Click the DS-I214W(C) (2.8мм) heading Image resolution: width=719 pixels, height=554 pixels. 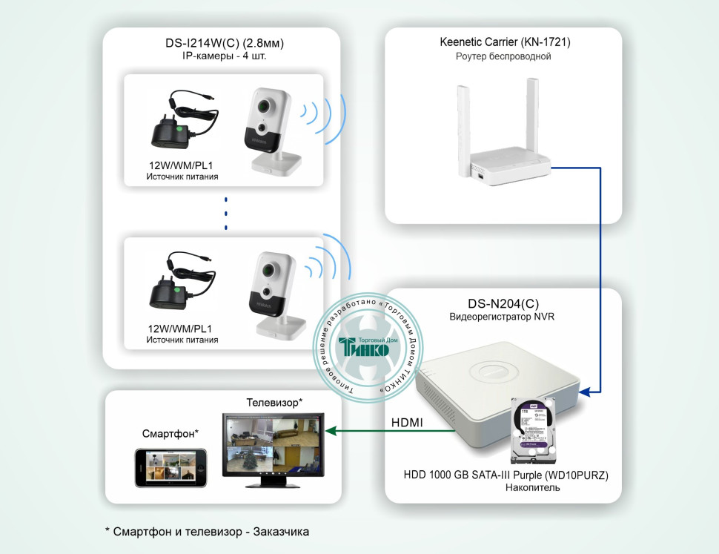point(225,43)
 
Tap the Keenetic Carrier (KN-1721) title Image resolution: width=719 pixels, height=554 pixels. point(505,42)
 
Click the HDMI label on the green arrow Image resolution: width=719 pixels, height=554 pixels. point(407,423)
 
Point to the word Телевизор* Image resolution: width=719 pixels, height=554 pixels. point(274,402)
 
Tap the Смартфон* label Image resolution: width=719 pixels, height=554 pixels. point(170,433)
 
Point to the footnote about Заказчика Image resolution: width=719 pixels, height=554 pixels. point(208,532)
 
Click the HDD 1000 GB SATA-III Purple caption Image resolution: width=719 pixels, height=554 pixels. point(506,475)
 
